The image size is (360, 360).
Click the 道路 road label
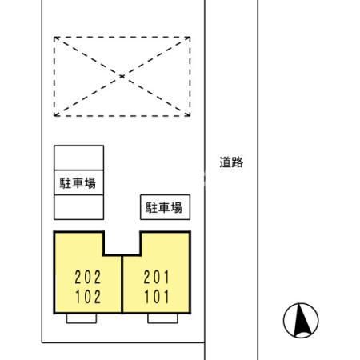[x=231, y=162]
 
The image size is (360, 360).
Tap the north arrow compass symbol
[x=302, y=322]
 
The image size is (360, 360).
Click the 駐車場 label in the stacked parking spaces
[x=78, y=182]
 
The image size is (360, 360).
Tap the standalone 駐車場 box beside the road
[x=164, y=208]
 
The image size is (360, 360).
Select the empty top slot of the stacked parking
[x=78, y=157]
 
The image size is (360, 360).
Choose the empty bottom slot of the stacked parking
[x=78, y=206]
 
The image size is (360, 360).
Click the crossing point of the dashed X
[x=122, y=76]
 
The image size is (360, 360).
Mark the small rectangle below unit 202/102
[x=82, y=318]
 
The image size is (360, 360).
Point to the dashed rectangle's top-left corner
[x=54, y=37]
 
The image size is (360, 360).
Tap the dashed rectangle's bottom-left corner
[x=54, y=115]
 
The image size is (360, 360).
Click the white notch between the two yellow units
[x=122, y=242]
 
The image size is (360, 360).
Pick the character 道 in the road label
[x=225, y=162]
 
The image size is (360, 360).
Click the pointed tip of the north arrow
[x=302, y=309]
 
